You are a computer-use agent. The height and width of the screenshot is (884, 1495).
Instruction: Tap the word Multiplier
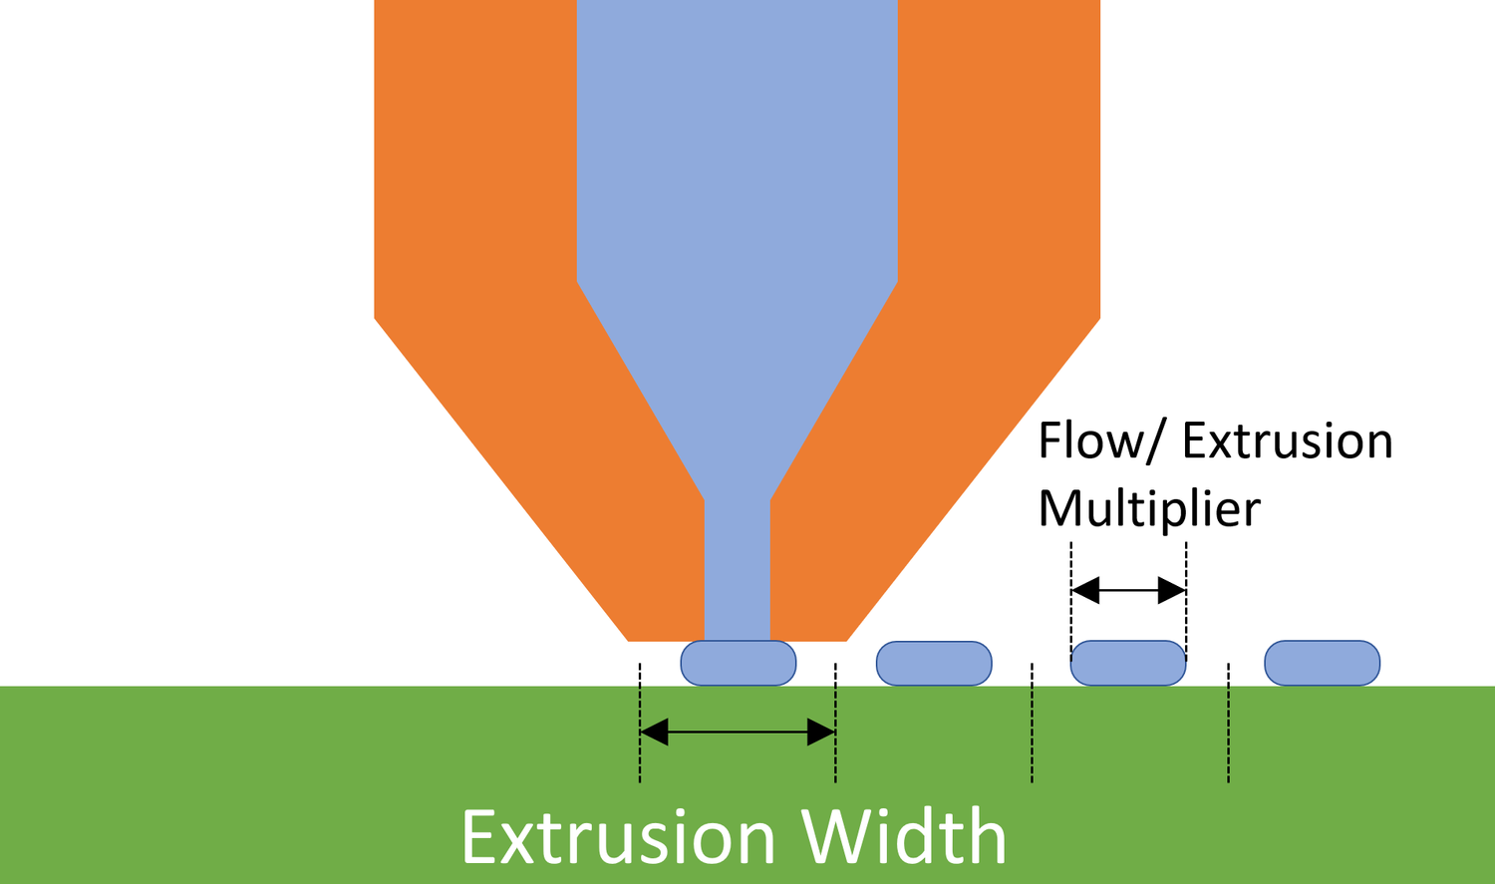(1149, 508)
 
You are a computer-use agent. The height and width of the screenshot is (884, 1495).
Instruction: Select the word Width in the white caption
(905, 837)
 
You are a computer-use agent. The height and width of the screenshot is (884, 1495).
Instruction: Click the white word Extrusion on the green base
(618, 837)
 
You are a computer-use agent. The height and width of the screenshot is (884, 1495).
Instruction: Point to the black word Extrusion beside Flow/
(1287, 442)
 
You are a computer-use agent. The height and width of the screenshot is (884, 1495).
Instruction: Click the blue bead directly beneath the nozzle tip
(739, 664)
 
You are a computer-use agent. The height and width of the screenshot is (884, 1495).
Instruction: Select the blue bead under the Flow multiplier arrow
(1128, 664)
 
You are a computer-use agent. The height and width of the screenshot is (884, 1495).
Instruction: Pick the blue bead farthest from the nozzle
(1322, 664)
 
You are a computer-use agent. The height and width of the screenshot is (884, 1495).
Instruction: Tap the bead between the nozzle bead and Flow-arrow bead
(934, 664)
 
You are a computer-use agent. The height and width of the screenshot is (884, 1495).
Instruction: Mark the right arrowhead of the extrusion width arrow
(821, 734)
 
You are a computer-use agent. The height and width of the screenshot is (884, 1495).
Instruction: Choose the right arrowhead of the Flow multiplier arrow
(1172, 591)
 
